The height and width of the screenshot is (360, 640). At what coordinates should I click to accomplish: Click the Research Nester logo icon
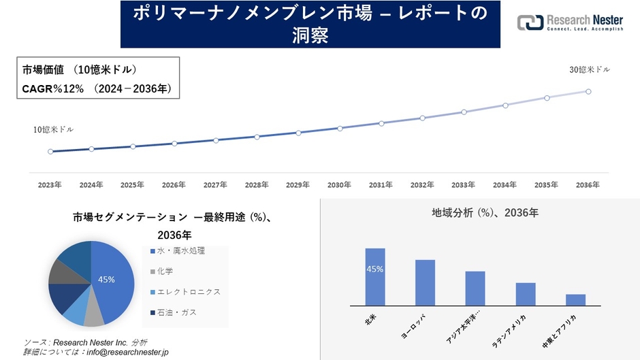click(530, 22)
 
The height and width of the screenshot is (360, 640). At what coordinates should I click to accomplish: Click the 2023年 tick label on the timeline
click(50, 184)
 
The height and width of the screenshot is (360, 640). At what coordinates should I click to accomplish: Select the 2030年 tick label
click(339, 184)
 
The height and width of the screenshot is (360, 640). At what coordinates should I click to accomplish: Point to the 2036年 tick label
click(588, 184)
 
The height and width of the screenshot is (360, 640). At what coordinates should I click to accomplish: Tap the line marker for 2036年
click(588, 91)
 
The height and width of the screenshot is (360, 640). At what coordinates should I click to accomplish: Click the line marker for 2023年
click(50, 151)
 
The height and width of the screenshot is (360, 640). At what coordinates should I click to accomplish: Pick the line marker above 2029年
click(298, 133)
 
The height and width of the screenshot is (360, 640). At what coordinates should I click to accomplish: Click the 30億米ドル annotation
click(590, 70)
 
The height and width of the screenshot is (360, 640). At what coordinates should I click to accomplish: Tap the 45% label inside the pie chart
click(106, 279)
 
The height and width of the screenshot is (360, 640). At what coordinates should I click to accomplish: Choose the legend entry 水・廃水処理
click(180, 251)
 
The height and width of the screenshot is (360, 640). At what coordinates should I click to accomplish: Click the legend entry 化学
click(165, 272)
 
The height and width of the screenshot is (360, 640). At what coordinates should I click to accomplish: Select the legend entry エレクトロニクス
click(188, 292)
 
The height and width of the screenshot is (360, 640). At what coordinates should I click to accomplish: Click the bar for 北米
click(375, 277)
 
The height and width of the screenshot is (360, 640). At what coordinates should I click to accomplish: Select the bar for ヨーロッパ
click(425, 282)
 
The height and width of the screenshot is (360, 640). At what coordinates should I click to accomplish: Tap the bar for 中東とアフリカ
click(575, 299)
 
